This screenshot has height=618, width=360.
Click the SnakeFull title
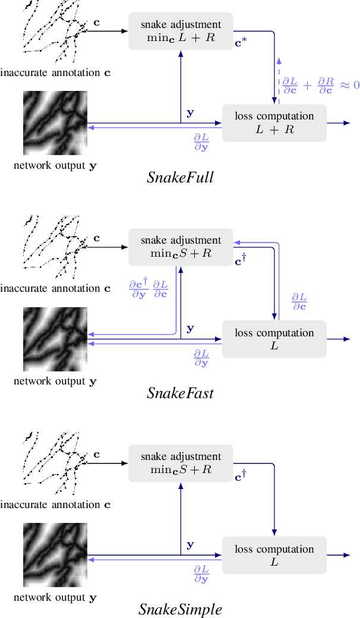click(x=180, y=177)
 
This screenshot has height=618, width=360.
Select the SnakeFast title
click(x=180, y=393)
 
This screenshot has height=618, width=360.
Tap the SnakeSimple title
click(x=180, y=609)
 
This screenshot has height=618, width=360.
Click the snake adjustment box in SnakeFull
click(x=181, y=31)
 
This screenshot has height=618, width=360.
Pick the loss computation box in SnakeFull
click(x=274, y=123)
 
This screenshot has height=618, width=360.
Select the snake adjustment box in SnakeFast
click(x=181, y=247)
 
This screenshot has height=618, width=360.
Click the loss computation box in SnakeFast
click(x=274, y=339)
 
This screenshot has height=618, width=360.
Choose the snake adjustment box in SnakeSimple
click(x=181, y=463)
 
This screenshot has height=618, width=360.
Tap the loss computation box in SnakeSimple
click(x=274, y=555)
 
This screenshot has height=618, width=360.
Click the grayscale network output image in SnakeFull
click(x=55, y=123)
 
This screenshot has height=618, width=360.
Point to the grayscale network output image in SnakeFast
click(x=55, y=339)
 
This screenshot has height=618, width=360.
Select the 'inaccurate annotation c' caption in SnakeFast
click(x=55, y=289)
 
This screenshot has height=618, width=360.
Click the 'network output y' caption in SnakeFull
click(x=55, y=166)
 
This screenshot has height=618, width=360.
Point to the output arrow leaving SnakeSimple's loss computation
click(x=338, y=555)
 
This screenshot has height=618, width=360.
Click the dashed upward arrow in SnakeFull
click(x=279, y=77)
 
